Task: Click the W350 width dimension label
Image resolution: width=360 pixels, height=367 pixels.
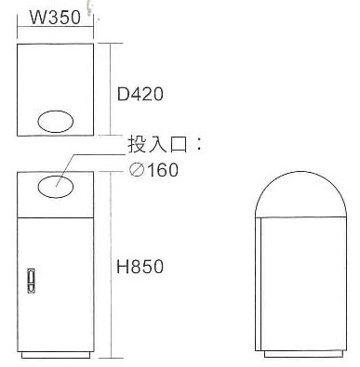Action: (55, 18)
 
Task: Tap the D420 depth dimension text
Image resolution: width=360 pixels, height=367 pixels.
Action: (140, 94)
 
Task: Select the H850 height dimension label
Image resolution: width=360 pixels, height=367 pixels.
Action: (140, 267)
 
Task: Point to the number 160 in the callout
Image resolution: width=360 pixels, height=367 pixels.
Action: (163, 170)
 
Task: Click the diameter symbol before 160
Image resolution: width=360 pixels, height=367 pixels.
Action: (137, 170)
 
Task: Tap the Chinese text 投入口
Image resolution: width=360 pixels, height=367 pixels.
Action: (157, 144)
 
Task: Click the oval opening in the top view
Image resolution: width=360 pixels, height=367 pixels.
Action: (56, 122)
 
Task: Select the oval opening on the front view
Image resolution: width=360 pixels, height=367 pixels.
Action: (56, 187)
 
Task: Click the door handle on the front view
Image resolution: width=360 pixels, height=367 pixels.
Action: (31, 281)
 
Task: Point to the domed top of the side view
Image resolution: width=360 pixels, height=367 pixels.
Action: (300, 171)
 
